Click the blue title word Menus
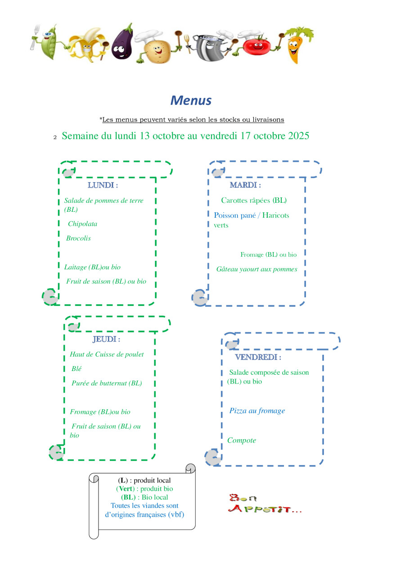click(x=191, y=100)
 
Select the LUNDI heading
click(x=103, y=185)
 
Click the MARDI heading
click(x=245, y=185)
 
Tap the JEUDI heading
click(x=106, y=339)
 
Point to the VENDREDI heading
click(x=258, y=357)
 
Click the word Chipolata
click(x=82, y=224)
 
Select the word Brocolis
click(x=78, y=238)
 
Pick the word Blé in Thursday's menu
click(x=76, y=369)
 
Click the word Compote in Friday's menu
click(x=242, y=441)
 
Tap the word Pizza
click(x=238, y=411)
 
